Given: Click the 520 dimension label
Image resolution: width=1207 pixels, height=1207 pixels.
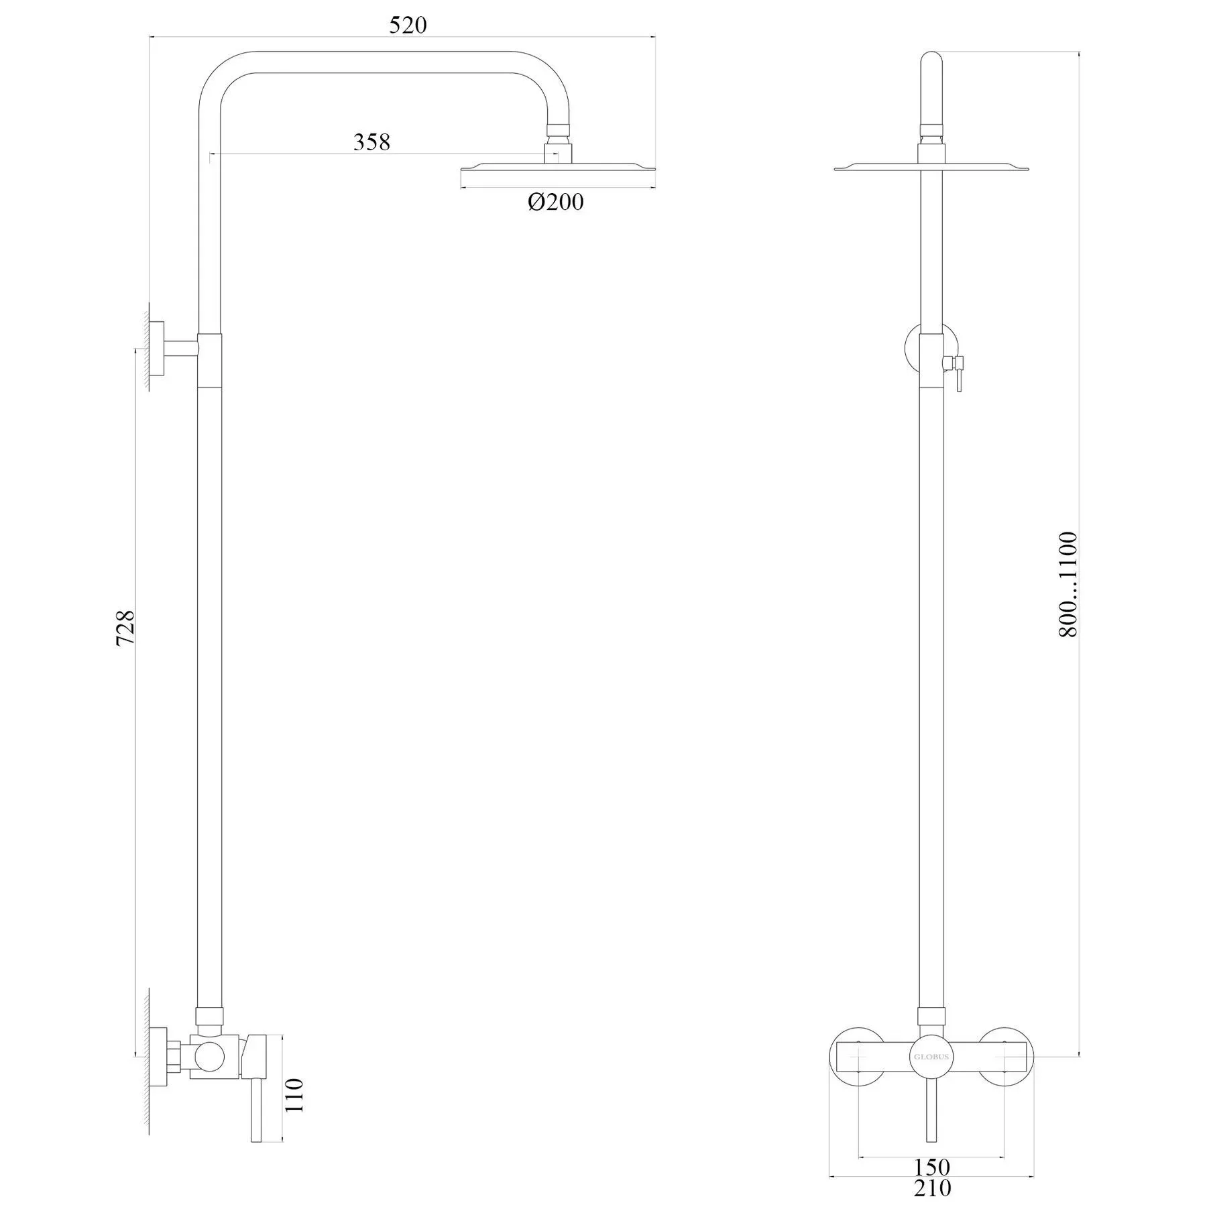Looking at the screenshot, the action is pos(408,25).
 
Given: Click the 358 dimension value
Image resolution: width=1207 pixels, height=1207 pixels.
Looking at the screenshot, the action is pos(371,142).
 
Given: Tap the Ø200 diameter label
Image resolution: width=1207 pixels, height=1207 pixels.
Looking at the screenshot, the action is pos(556,202).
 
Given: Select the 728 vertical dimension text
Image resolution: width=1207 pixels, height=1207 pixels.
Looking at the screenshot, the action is pos(125,628).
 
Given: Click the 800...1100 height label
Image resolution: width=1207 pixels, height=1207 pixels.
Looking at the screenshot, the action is pos(1068,584).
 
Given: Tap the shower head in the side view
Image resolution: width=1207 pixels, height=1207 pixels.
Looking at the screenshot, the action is pos(557,173).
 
